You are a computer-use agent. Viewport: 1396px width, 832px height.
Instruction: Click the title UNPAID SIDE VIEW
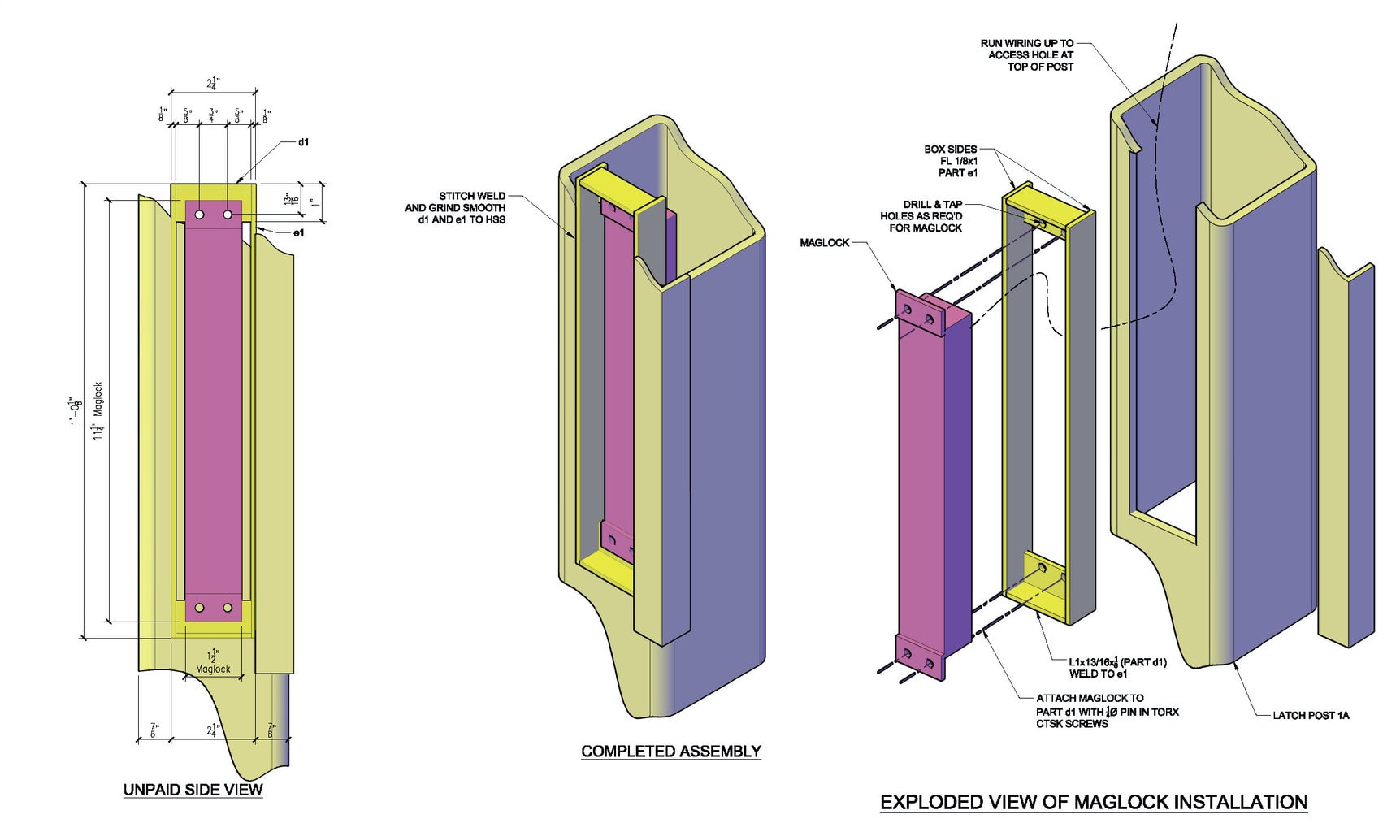pos(193,790)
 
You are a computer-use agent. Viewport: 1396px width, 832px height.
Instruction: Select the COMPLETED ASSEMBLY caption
pos(671,752)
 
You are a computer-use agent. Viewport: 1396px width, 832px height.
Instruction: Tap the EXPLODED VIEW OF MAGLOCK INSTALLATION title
pos(1093,803)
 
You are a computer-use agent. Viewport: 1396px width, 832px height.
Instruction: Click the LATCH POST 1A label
pos(1311,715)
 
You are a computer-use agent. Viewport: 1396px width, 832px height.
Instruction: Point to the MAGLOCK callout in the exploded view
pos(824,242)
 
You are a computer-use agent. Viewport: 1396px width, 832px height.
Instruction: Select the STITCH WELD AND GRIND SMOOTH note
pos(456,208)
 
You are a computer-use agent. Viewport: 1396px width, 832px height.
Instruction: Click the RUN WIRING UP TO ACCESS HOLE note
pos(1027,55)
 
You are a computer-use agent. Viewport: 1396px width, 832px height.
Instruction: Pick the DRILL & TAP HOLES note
pos(921,216)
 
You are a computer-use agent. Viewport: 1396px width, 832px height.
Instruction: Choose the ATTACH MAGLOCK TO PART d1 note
pos(1107,711)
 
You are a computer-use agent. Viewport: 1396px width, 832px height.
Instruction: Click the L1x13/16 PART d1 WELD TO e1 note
pos(1117,668)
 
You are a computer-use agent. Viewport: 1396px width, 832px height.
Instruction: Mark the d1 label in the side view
pos(303,142)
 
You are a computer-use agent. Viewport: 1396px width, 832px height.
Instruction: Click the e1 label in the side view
pos(298,233)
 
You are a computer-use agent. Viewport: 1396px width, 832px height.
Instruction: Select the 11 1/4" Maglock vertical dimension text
pos(98,411)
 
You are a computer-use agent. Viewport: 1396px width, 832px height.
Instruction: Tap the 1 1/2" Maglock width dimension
pos(213,662)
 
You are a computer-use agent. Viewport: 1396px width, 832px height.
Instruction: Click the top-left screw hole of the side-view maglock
pos(199,214)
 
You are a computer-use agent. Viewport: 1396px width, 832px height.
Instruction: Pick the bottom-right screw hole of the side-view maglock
pos(228,608)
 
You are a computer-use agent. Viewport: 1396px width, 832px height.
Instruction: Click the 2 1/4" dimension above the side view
pos(213,83)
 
